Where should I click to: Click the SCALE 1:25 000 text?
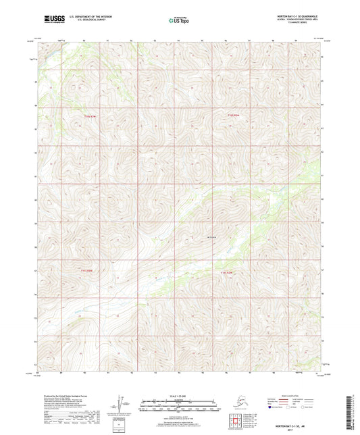point(180,396)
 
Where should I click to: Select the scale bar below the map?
point(180,406)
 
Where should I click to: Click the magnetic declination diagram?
point(120,405)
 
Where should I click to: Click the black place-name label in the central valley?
point(210,236)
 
